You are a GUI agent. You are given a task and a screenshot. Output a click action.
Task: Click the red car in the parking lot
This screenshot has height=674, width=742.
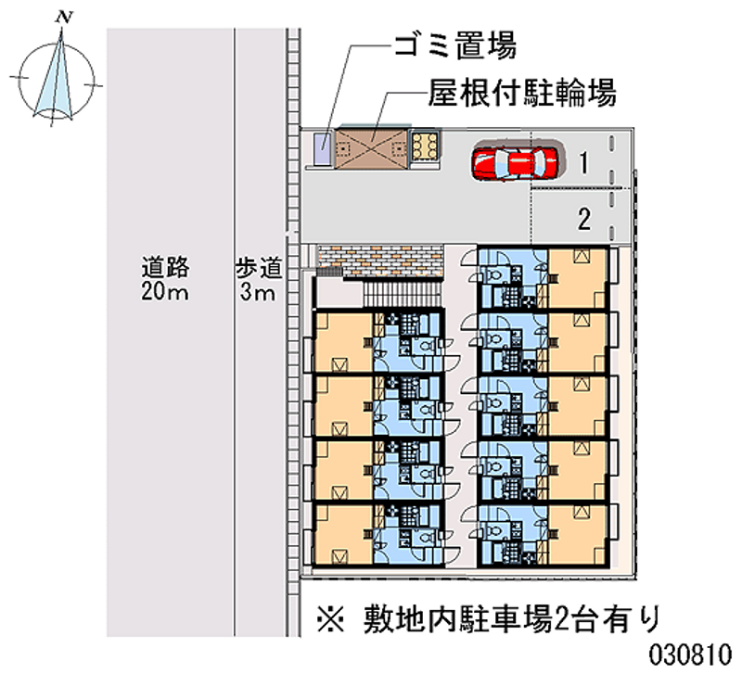(516, 162)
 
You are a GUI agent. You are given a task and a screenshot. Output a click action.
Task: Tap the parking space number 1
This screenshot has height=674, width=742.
(582, 164)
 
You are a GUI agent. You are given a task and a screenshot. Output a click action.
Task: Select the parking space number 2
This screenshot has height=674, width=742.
(583, 220)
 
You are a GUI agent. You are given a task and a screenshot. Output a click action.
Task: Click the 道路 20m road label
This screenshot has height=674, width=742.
(166, 281)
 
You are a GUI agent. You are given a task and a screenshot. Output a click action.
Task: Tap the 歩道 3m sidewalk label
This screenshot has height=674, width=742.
(257, 281)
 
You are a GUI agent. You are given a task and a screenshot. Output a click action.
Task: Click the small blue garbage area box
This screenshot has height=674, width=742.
(322, 147)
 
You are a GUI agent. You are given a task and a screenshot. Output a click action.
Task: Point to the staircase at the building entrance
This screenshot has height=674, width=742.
(400, 294)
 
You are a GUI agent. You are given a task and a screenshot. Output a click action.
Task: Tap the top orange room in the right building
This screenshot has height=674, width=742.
(579, 277)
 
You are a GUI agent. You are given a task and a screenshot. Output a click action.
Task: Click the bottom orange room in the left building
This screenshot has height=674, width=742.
(344, 533)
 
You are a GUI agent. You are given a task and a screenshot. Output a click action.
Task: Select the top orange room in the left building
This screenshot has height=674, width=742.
(344, 341)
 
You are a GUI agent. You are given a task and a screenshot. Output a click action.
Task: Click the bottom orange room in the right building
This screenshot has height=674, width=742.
(579, 533)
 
